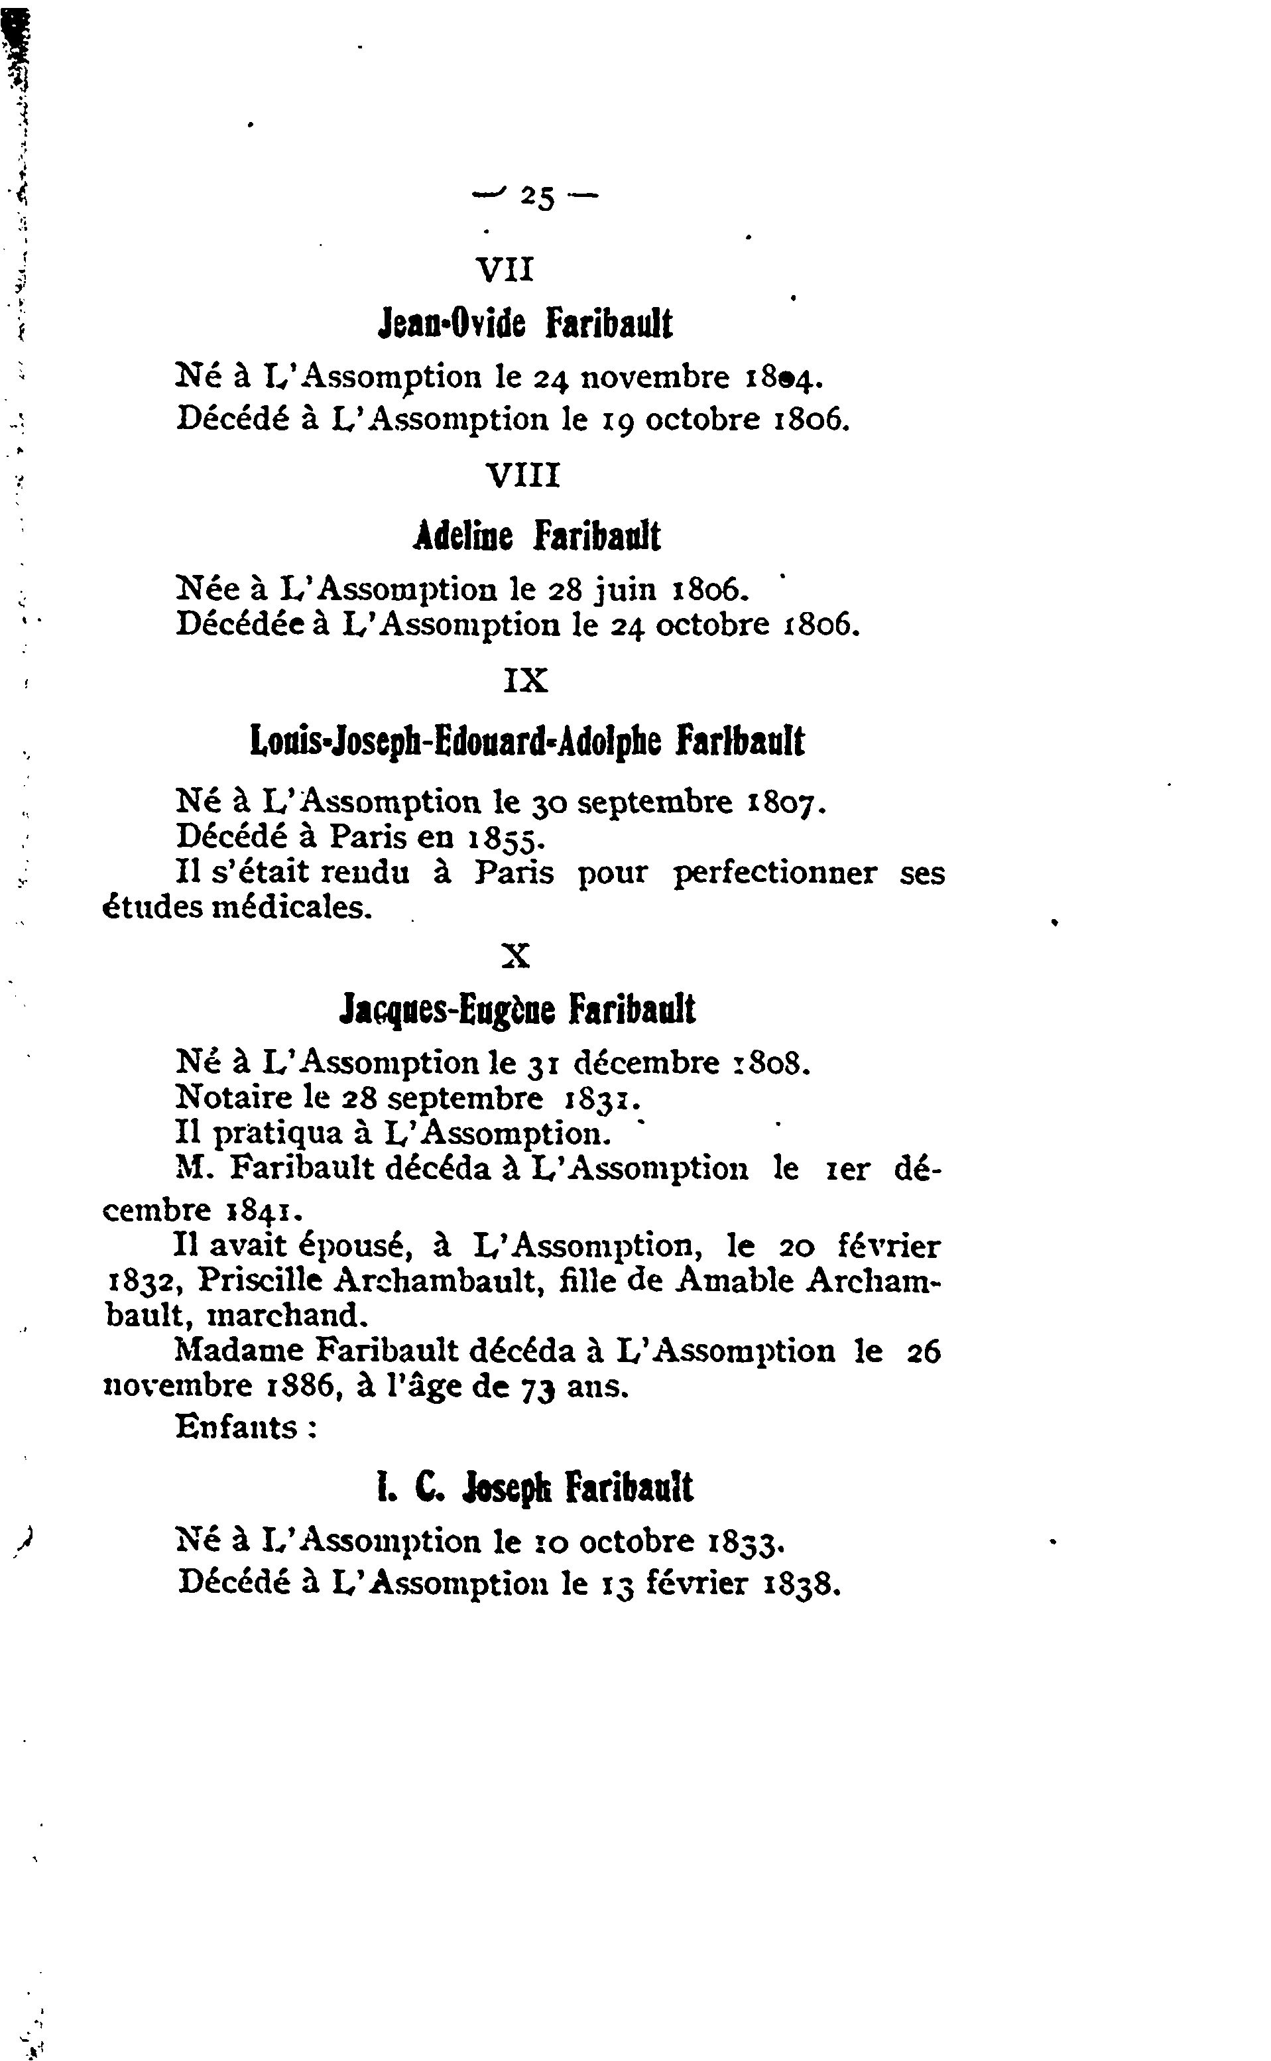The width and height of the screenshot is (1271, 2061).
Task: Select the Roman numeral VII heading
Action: (505, 270)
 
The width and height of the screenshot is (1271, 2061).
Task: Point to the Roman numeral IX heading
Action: (525, 679)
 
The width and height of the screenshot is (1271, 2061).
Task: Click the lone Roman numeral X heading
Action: (515, 956)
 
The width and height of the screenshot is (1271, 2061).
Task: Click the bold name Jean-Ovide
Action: (452, 324)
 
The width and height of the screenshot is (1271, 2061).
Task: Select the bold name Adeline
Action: (463, 535)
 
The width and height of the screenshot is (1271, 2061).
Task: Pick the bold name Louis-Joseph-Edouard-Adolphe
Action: (456, 742)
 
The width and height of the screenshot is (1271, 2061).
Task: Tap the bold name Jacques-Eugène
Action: (447, 1009)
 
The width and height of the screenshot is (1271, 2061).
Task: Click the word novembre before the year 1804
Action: (656, 377)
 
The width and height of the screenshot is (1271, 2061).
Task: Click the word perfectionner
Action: (774, 873)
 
